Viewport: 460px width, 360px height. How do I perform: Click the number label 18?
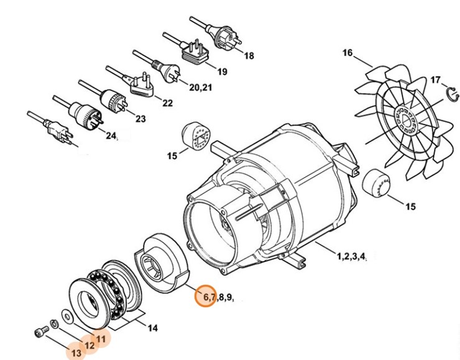coord(249,56)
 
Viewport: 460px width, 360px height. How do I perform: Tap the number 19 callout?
coord(221,72)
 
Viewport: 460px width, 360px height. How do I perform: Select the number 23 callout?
coord(140,119)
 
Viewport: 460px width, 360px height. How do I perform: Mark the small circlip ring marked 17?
coord(454,94)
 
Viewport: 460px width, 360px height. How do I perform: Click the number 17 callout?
coord(435,80)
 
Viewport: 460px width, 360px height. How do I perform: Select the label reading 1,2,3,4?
coord(355,256)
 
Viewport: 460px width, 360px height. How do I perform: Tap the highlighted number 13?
coord(76,353)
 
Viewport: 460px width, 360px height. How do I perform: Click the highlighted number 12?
coord(90,346)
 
